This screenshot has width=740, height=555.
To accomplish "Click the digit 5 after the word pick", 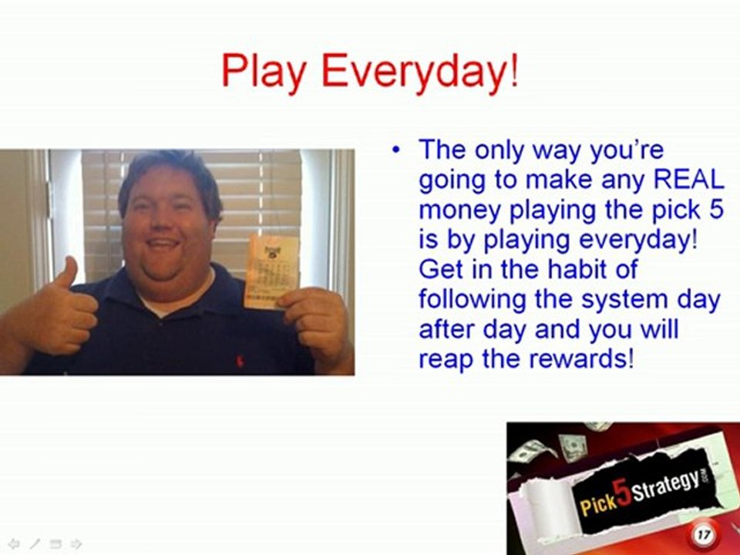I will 716,209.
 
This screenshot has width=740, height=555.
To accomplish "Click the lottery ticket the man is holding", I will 271,271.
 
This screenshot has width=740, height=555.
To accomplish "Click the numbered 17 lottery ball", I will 702,533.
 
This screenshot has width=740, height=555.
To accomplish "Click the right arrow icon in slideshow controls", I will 76,543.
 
